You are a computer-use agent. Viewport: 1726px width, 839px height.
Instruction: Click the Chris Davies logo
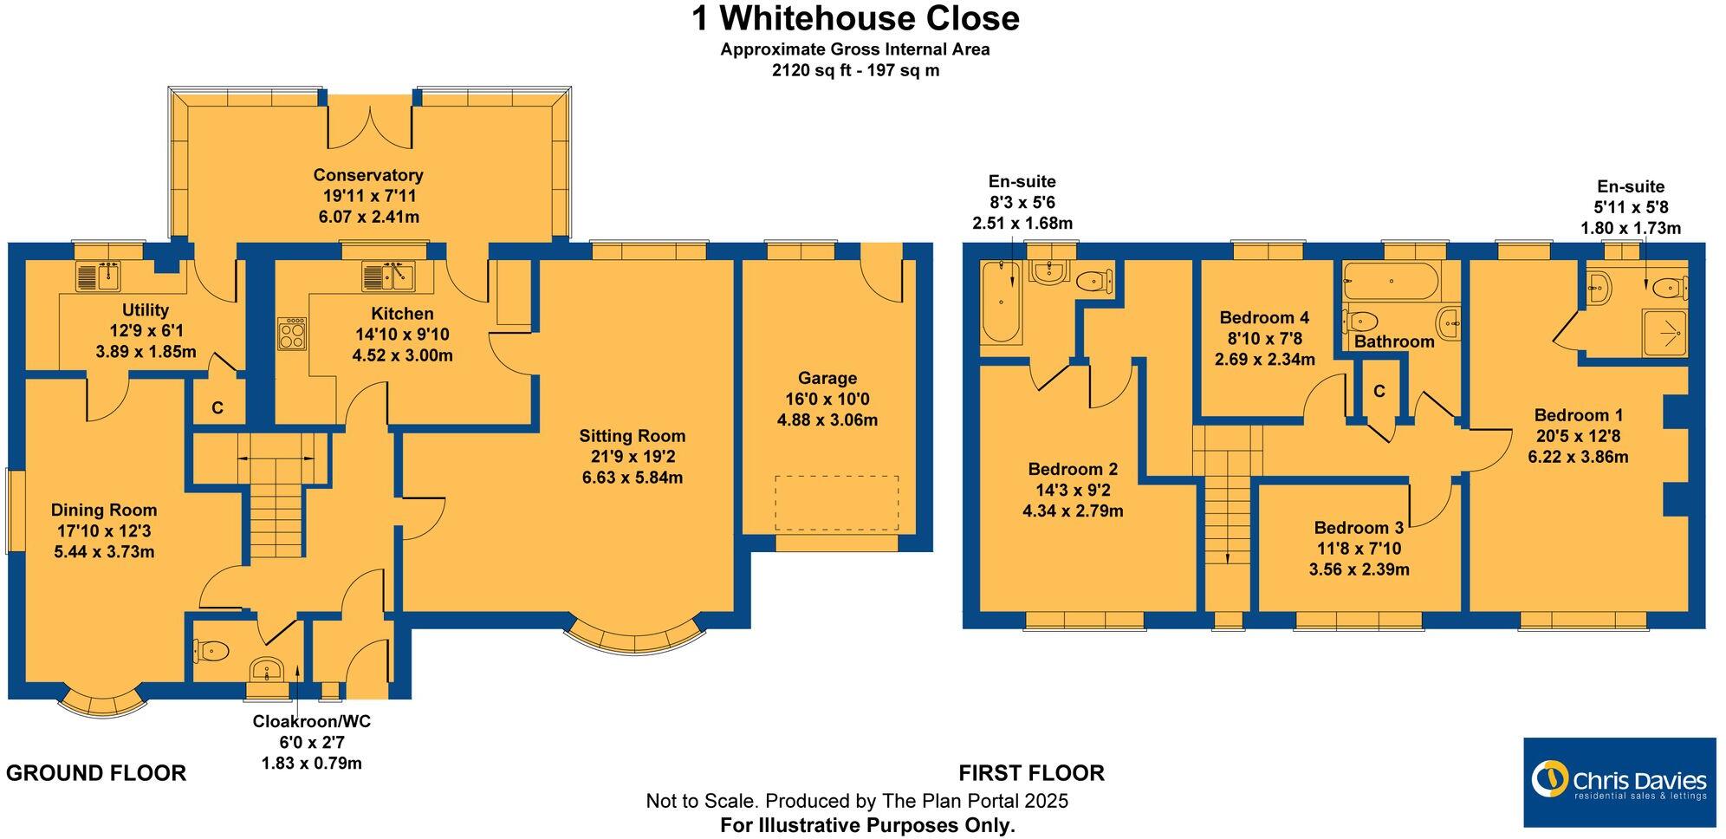(x=1619, y=782)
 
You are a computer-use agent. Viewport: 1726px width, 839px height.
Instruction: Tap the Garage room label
(x=827, y=378)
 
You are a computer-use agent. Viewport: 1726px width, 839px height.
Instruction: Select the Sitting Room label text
(x=632, y=436)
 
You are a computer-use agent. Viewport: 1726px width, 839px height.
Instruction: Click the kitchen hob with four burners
(x=291, y=334)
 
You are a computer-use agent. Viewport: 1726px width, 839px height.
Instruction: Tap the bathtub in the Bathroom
(x=1390, y=281)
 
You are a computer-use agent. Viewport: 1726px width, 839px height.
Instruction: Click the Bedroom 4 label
(x=1264, y=317)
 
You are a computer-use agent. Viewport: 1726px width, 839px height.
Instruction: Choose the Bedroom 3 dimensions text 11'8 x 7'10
(x=1358, y=549)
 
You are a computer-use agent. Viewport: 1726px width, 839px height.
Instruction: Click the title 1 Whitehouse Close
(x=854, y=19)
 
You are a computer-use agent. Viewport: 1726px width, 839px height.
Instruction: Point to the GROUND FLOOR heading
(x=96, y=773)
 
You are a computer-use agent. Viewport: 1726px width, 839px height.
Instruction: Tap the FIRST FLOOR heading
(x=1031, y=773)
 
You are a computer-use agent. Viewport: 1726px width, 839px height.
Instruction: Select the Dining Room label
(x=104, y=510)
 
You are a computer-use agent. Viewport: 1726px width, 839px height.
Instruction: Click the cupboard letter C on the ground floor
(x=217, y=407)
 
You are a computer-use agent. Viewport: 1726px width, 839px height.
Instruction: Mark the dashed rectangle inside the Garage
(x=836, y=503)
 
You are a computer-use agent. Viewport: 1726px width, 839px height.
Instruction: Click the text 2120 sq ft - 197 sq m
(x=854, y=71)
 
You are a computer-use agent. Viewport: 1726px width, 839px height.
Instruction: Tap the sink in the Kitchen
(x=388, y=276)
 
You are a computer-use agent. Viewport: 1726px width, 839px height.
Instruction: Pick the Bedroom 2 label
(x=1073, y=469)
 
